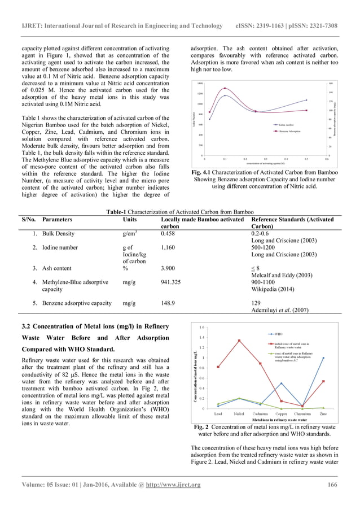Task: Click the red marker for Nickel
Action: coord(239,340)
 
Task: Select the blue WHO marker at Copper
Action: coord(282,383)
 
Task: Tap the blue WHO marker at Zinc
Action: coord(323,358)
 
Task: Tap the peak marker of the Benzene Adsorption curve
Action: coord(225,88)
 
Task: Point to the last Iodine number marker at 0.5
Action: coord(306,100)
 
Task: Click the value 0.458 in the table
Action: coord(168,233)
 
